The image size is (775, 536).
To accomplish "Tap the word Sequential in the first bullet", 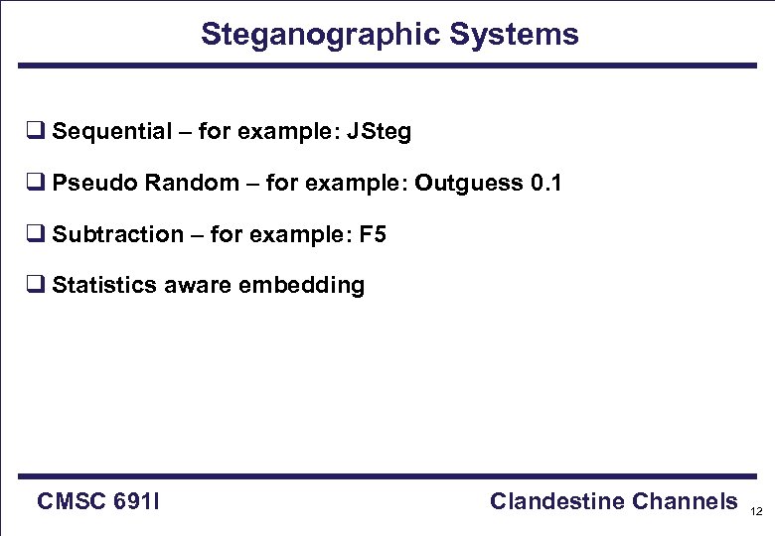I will [x=111, y=132].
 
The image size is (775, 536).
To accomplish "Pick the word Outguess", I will [x=468, y=184].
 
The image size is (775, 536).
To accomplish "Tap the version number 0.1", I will [x=545, y=184].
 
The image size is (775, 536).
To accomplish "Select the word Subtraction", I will [x=117, y=235].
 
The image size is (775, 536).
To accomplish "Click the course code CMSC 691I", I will [x=99, y=502].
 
